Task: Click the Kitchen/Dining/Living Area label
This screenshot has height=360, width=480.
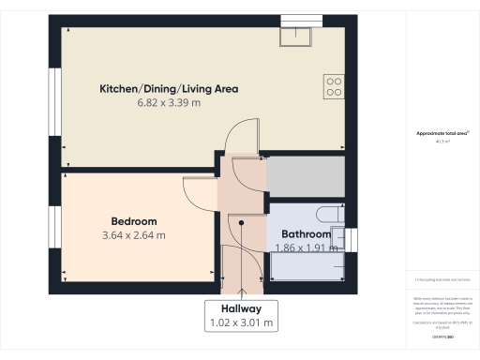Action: (169, 89)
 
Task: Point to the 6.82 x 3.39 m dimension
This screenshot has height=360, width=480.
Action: (169, 103)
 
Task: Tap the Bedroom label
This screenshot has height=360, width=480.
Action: (130, 221)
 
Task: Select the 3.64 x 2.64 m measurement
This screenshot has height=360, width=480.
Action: (130, 235)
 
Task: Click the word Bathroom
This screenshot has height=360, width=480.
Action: (307, 234)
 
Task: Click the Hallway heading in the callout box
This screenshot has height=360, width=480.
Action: (241, 308)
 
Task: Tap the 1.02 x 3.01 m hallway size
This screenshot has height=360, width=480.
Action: (241, 322)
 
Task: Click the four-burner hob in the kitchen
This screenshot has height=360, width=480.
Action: (334, 87)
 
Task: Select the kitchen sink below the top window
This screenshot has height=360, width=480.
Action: (300, 35)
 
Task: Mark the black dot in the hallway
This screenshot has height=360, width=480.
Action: (242, 222)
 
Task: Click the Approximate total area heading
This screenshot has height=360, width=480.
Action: (442, 133)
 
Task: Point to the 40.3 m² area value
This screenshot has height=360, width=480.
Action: (442, 142)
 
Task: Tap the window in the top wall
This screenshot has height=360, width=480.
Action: (300, 19)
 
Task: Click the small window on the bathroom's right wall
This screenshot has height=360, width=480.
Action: (353, 240)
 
